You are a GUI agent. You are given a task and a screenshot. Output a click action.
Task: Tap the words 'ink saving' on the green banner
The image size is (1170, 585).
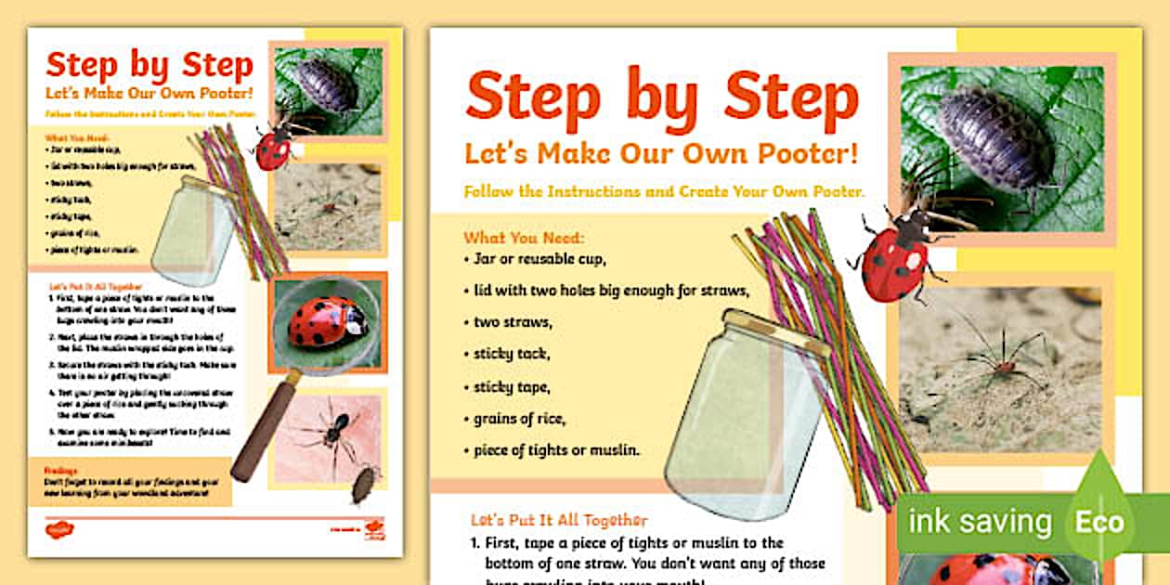pos(979,522)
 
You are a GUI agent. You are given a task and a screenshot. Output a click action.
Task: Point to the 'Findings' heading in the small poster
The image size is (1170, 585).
pos(63,470)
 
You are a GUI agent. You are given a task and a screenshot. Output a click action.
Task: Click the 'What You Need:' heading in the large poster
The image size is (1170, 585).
pos(525,238)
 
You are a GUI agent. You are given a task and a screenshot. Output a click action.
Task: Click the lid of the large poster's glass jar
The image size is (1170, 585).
pos(776,332)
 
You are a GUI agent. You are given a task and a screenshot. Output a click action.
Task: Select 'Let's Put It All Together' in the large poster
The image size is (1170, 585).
pos(559,520)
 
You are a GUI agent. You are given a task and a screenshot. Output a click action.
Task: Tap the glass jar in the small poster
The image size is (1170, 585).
pos(192,232)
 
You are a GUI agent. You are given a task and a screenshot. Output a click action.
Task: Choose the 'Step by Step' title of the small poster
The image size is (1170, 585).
pos(149,65)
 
